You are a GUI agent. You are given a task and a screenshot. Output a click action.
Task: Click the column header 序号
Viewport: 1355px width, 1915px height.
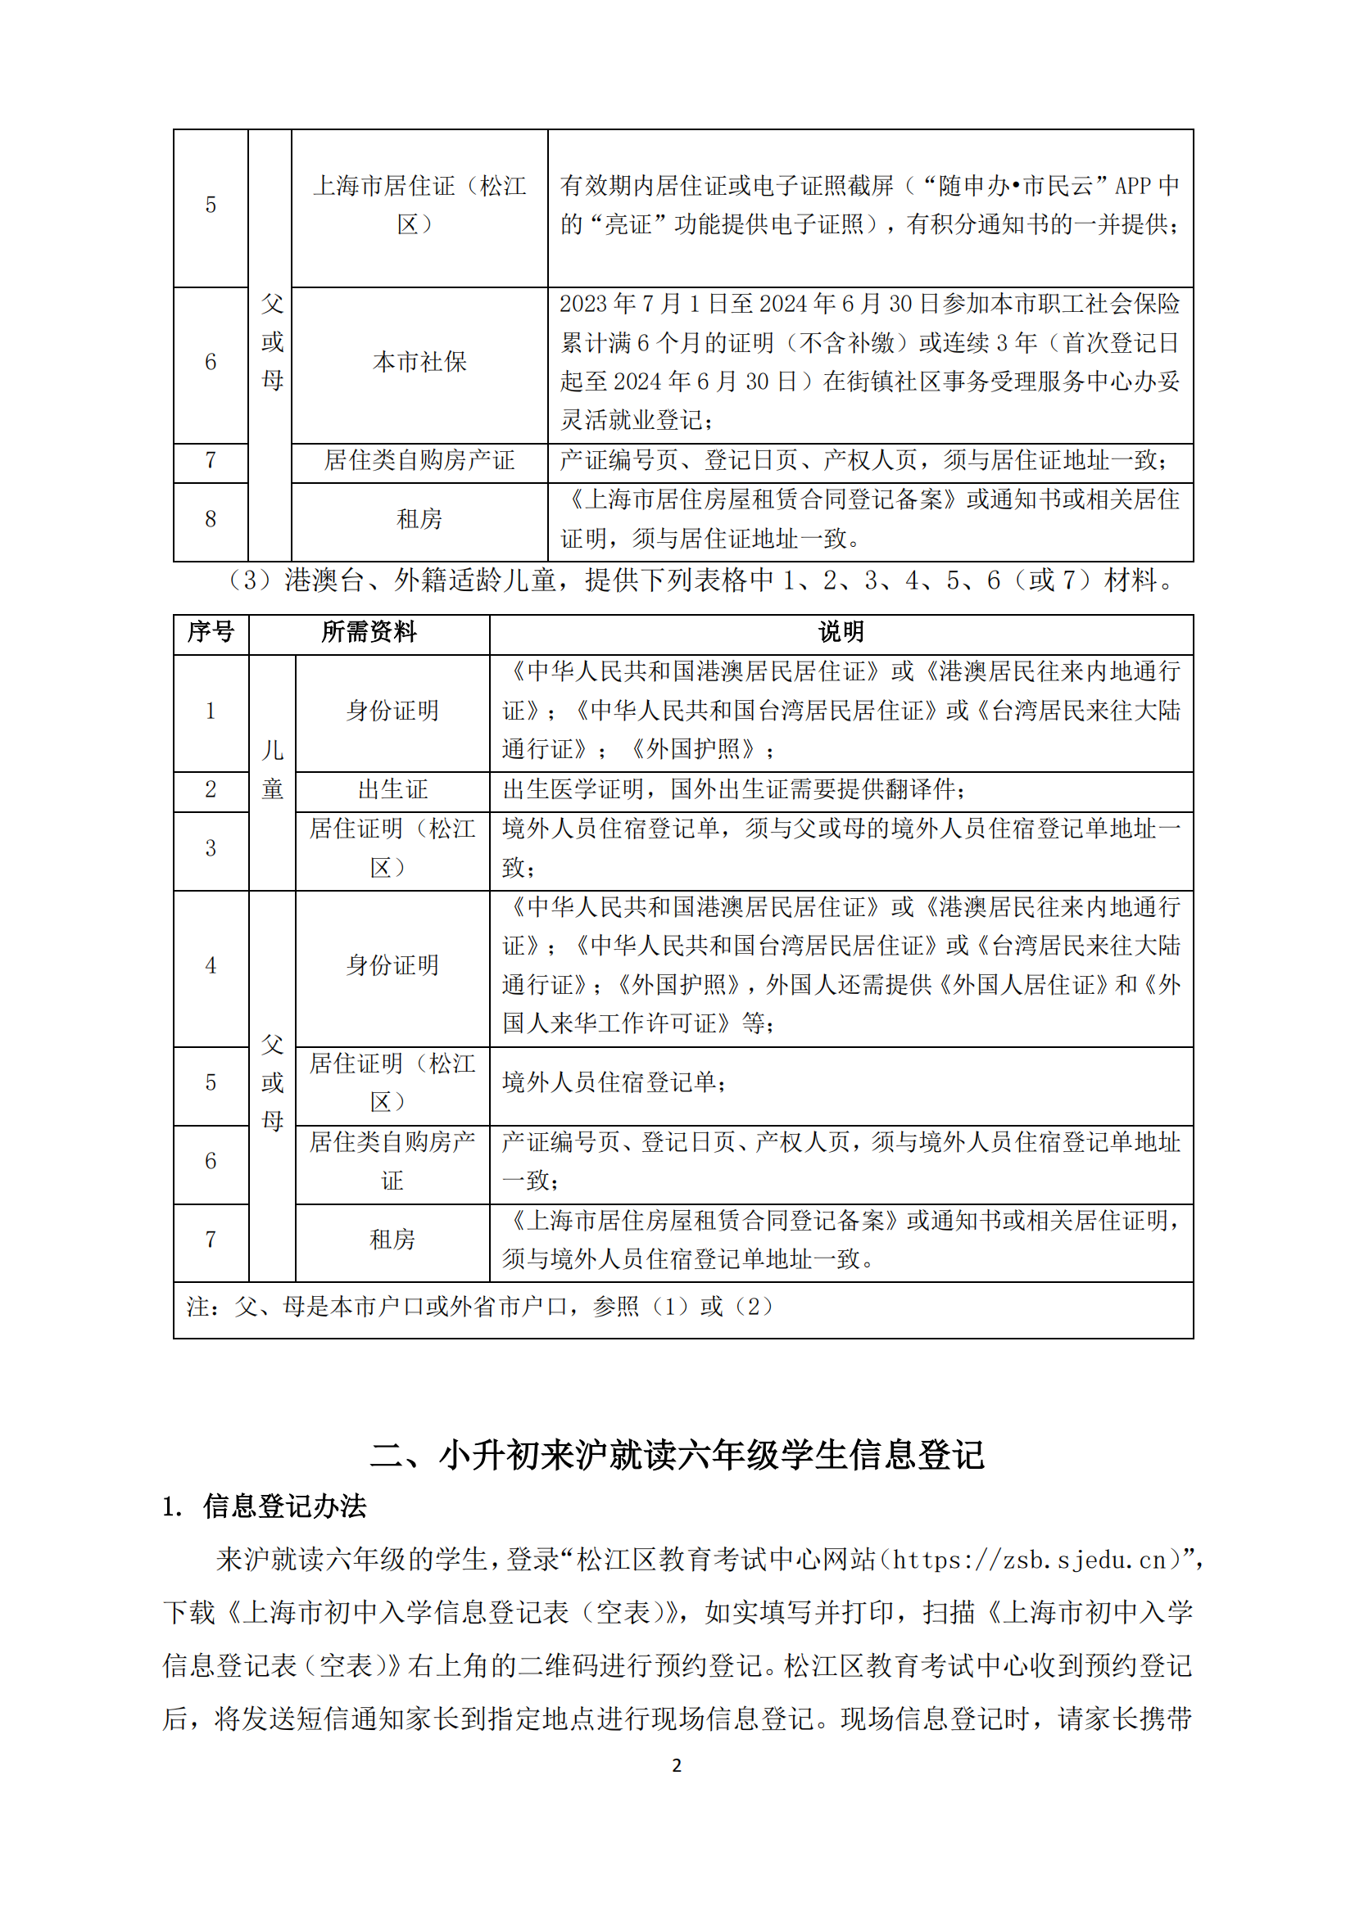coord(211,632)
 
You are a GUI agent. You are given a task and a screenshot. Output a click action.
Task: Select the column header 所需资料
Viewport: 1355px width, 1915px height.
coord(369,632)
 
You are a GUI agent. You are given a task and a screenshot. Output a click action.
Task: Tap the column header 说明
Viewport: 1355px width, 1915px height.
coord(841,632)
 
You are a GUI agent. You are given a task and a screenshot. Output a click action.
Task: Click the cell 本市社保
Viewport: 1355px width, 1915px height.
coord(419,362)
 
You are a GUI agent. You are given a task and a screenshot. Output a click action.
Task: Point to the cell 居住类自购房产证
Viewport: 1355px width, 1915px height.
coord(419,460)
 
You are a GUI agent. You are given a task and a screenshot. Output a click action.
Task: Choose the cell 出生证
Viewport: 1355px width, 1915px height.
coord(392,789)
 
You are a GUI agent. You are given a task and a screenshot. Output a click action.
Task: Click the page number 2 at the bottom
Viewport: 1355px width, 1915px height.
coord(677,1765)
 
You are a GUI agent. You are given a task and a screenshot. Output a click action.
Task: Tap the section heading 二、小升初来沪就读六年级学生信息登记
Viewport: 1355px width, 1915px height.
coord(677,1455)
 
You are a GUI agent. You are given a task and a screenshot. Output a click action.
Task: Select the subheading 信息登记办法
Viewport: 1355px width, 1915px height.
coord(283,1506)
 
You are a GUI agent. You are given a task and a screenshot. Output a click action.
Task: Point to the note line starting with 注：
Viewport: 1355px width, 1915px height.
coord(480,1306)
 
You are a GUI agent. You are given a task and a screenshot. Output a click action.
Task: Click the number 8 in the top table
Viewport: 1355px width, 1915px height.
coord(211,520)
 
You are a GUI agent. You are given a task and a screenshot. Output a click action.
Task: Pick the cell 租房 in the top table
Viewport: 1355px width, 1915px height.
coord(419,520)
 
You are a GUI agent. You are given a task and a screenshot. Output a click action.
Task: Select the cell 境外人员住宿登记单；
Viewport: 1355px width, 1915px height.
coord(615,1082)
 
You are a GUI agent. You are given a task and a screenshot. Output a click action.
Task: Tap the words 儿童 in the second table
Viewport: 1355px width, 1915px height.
coord(272,769)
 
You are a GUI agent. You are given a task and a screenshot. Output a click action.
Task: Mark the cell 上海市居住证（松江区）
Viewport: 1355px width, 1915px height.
coord(419,205)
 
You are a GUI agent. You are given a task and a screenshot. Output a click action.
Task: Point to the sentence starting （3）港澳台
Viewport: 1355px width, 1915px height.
coord(701,580)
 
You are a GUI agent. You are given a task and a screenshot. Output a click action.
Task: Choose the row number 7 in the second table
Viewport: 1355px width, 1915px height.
coord(211,1240)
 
